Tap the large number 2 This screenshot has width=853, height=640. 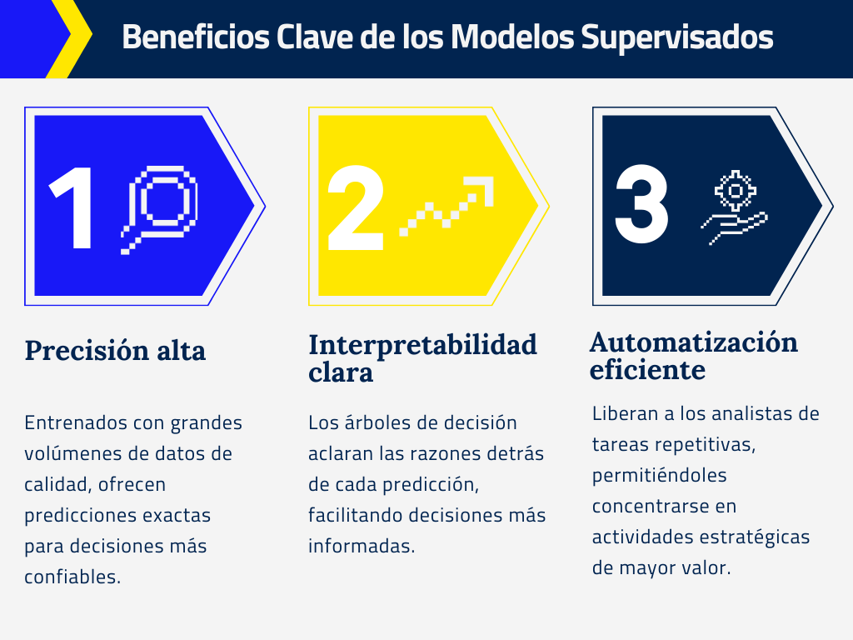tap(356, 207)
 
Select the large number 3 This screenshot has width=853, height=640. tap(641, 203)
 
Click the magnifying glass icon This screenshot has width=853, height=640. tap(159, 209)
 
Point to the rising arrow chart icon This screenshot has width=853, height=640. tap(446, 206)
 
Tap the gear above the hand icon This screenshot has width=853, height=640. tap(736, 191)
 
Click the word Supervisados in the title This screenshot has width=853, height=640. tap(676, 37)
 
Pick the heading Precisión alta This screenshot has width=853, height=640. tap(115, 350)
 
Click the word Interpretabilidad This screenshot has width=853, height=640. tap(422, 345)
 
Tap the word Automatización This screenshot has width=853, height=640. tap(694, 342)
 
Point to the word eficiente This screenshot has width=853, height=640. tap(647, 370)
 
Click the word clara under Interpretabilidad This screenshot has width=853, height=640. tap(341, 372)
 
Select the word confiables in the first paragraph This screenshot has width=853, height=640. tap(72, 577)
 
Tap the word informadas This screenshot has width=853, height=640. tap(362, 546)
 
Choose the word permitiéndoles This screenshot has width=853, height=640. tap(660, 476)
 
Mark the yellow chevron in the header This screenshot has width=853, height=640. tap(71, 38)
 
